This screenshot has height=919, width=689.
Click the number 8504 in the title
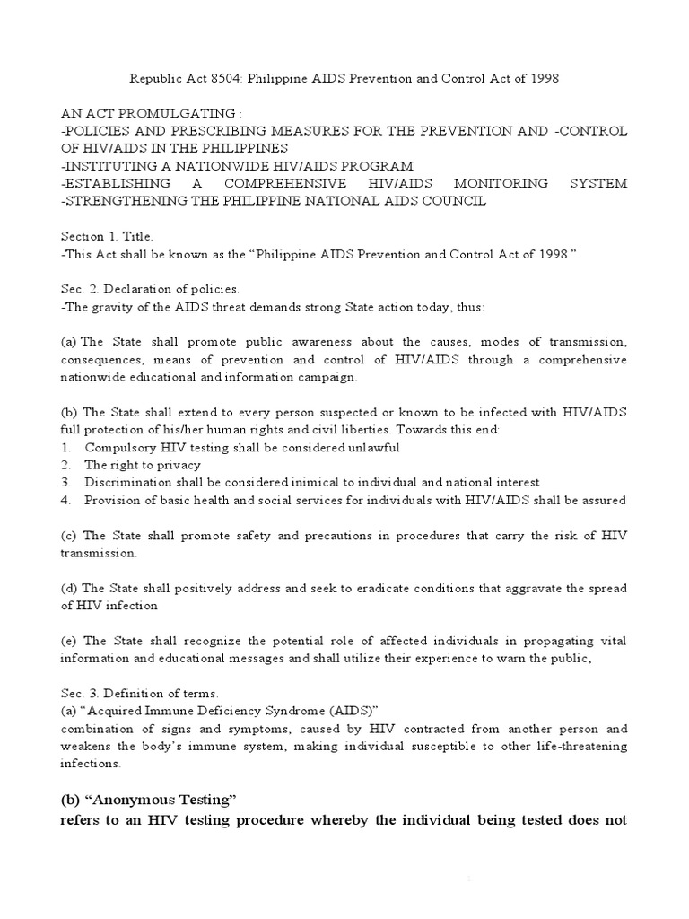click(x=236, y=78)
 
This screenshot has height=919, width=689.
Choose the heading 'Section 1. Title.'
click(x=107, y=236)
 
